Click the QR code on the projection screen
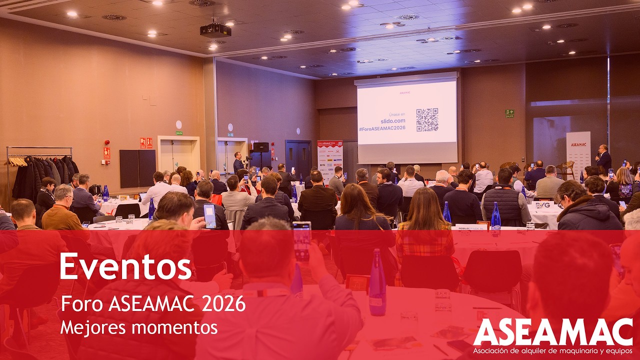(427, 120)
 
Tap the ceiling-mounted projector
(215, 30)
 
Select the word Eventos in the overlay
(125, 266)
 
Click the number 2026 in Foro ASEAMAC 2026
(223, 303)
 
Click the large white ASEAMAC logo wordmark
(552, 332)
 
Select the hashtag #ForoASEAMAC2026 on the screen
(382, 128)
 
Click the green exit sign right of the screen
(509, 113)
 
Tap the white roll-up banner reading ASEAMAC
(578, 153)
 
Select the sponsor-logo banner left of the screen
(330, 160)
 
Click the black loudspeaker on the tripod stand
(260, 147)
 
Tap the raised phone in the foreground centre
(302, 240)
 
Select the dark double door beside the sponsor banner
(298, 157)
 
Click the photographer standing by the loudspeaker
(238, 162)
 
